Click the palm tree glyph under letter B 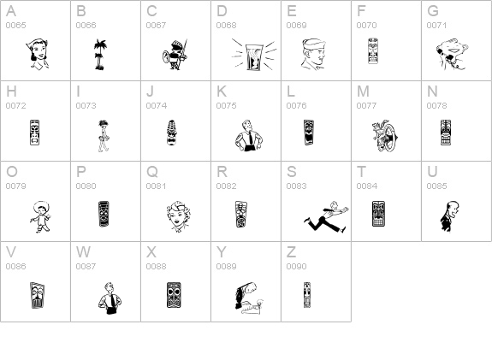(x=100, y=54)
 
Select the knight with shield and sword (x=175, y=54)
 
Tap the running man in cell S (x=326, y=217)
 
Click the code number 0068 (x=226, y=25)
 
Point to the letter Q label (x=152, y=172)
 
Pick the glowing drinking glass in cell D (x=254, y=56)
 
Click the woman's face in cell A (x=38, y=54)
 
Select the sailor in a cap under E (x=313, y=54)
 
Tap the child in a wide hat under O (x=41, y=217)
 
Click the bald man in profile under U (x=449, y=216)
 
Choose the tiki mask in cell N (x=446, y=133)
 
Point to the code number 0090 (x=296, y=266)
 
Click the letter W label (x=83, y=251)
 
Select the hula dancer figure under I (x=104, y=136)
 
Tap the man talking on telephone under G (x=452, y=54)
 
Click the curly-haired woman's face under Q (x=178, y=216)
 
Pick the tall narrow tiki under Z (x=307, y=295)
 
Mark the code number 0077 (x=366, y=106)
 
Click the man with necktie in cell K (x=249, y=135)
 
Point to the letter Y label (x=222, y=251)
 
